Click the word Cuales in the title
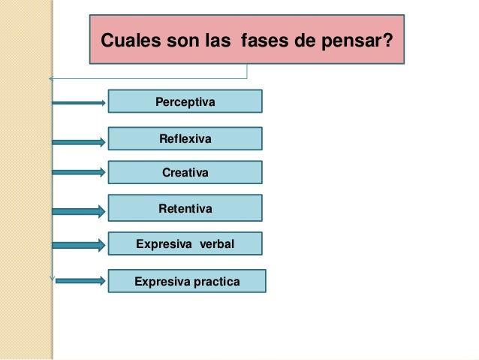(x=127, y=39)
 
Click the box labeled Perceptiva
(x=185, y=101)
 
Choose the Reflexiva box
(x=185, y=139)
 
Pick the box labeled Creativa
(x=185, y=173)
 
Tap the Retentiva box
(x=185, y=207)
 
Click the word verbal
(x=217, y=244)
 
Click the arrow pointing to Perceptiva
(x=79, y=103)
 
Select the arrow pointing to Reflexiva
(x=79, y=141)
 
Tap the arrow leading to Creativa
(x=79, y=172)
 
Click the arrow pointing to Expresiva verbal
(x=79, y=244)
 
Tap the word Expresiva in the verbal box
(x=163, y=244)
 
